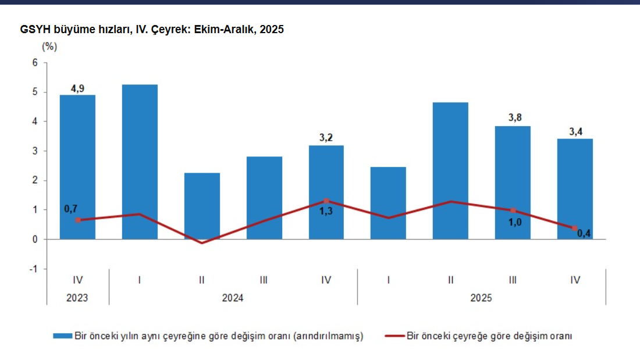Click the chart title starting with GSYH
[152, 30]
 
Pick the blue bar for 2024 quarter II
[202, 206]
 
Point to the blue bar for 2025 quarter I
[388, 203]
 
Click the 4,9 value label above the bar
[77, 88]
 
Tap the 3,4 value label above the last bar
[575, 131]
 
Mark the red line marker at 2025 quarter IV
[575, 228]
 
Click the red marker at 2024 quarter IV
[326, 201]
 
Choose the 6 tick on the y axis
[34, 63]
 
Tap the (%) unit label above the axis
[49, 47]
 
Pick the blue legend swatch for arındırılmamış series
[62, 336]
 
